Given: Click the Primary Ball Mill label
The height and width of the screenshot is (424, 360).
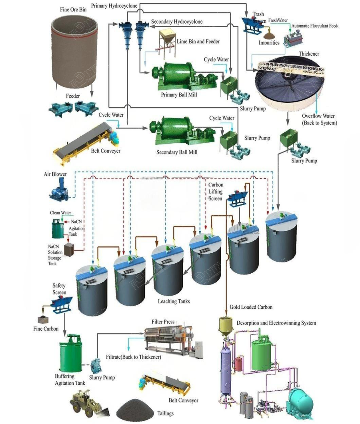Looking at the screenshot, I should (x=179, y=95).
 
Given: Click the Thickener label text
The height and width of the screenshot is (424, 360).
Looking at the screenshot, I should (x=309, y=54).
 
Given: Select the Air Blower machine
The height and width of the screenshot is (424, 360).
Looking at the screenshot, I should (x=61, y=189).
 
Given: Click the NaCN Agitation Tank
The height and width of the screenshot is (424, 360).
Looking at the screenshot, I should (x=58, y=229).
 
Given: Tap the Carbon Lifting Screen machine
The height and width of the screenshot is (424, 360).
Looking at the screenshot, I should (x=237, y=197).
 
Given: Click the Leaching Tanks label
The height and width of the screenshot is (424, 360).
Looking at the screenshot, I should (x=173, y=301).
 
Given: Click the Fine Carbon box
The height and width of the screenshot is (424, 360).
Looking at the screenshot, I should (x=41, y=320).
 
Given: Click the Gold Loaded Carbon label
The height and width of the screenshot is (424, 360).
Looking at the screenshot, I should (x=251, y=307).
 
